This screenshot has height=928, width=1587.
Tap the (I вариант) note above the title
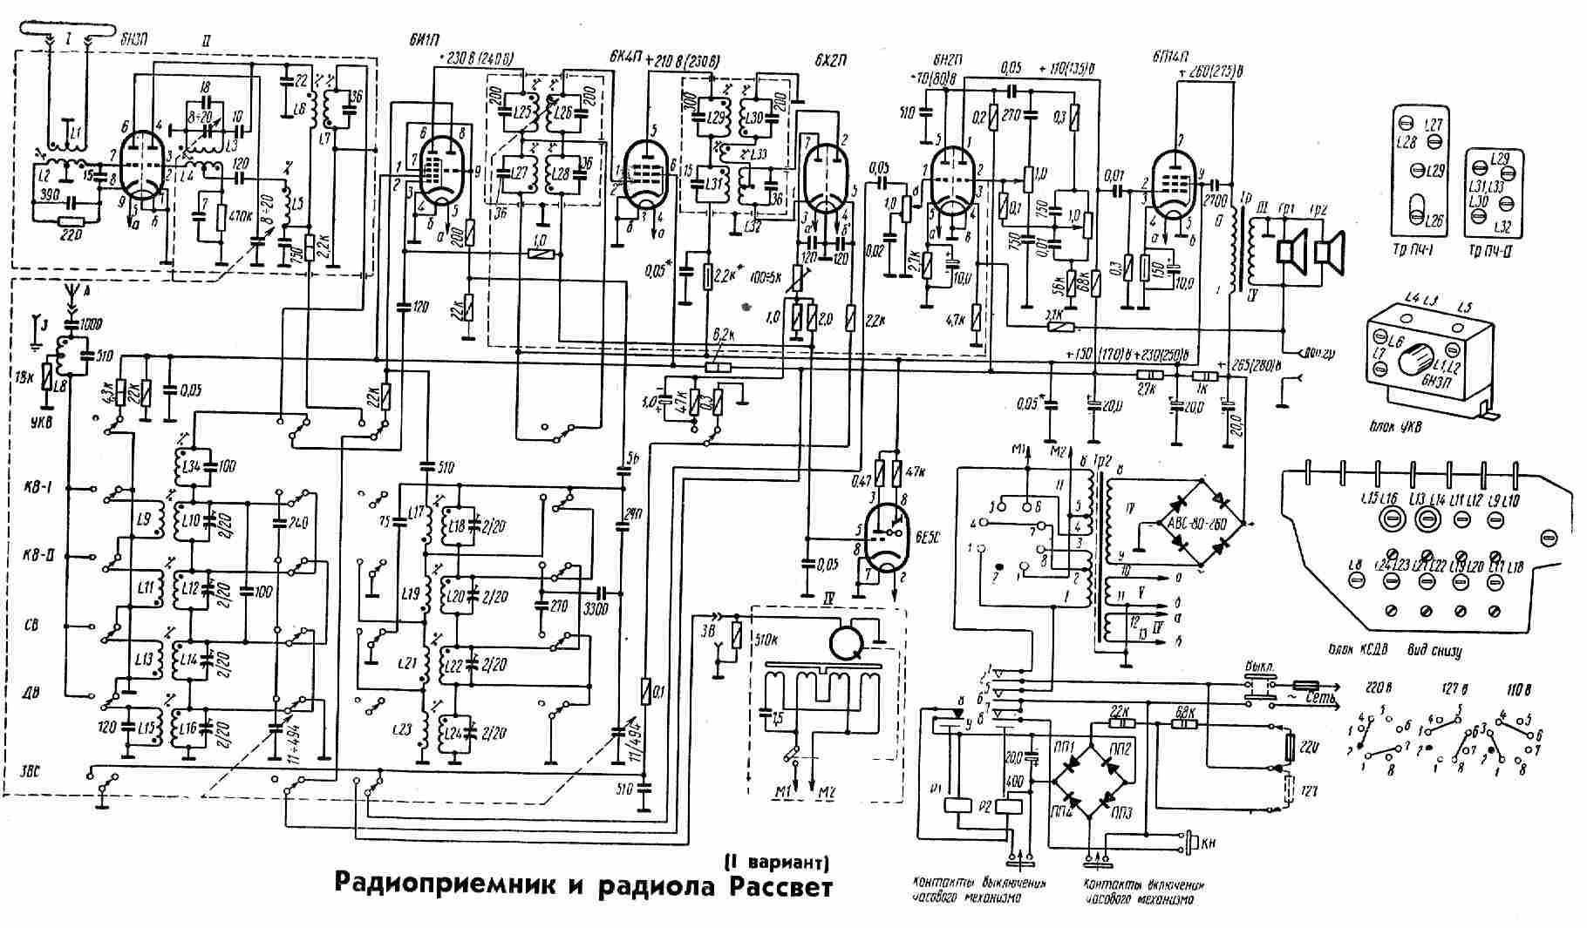point(776,862)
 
